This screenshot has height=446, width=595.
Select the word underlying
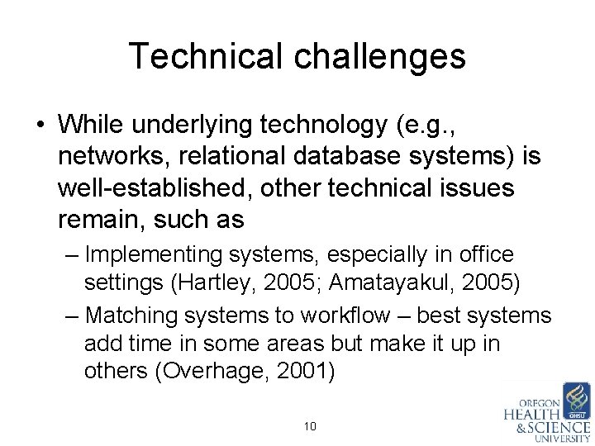[205, 125]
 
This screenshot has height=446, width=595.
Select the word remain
[98, 220]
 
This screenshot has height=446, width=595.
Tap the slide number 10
[311, 427]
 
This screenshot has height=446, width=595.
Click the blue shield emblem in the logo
[575, 400]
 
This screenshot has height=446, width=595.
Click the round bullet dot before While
[40, 126]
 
